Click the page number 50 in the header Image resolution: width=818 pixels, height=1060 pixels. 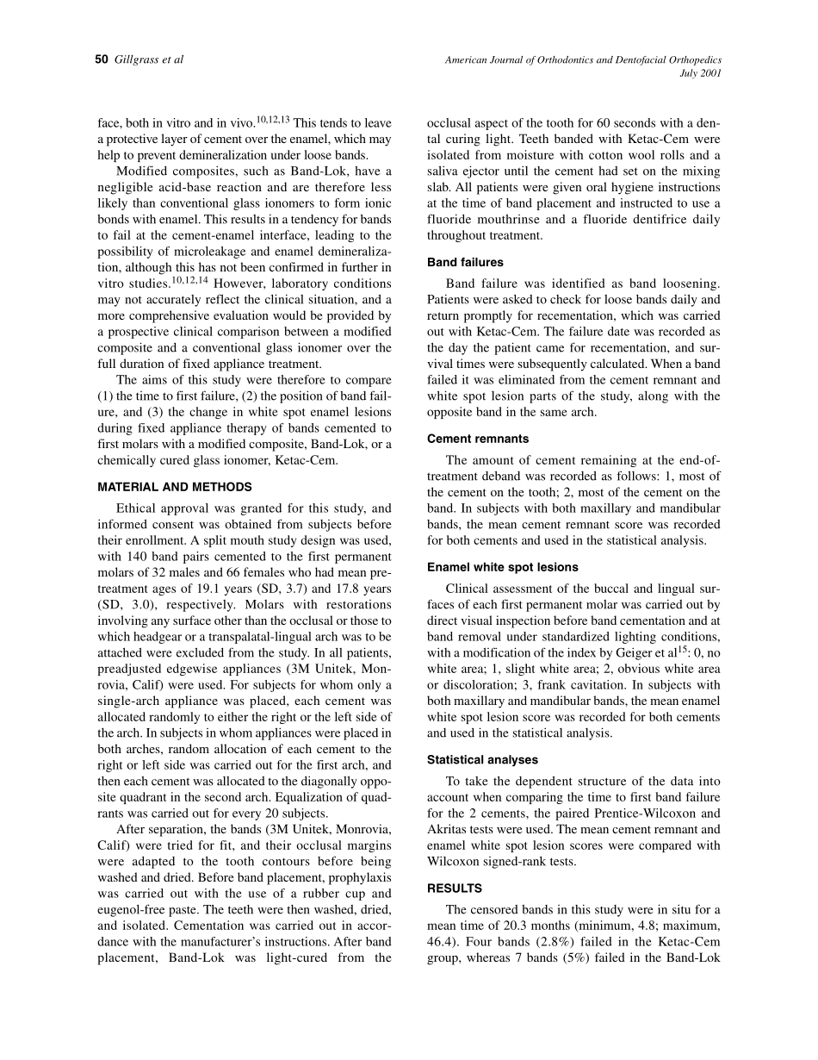point(102,59)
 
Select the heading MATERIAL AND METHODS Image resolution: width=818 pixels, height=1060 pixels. point(175,487)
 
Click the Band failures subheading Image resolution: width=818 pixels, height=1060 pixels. point(465,262)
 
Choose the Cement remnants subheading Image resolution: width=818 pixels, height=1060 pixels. point(478,439)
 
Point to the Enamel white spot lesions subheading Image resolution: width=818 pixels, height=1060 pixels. point(502,567)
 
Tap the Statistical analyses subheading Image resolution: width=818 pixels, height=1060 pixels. point(482,760)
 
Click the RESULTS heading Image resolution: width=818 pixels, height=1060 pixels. point(455,888)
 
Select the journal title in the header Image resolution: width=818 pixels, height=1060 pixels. point(583,59)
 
